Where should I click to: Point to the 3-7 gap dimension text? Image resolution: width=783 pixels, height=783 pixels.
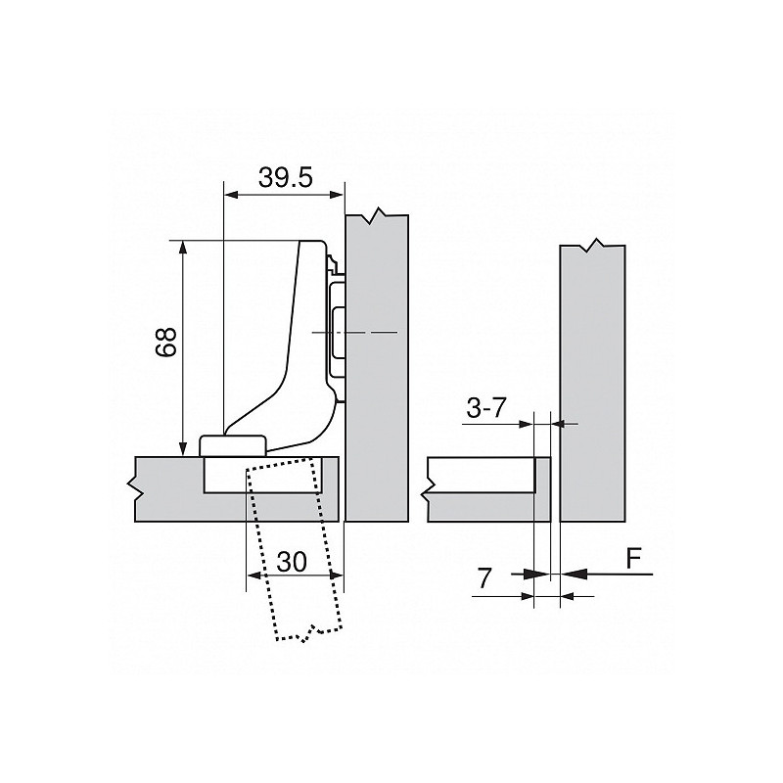tap(485, 409)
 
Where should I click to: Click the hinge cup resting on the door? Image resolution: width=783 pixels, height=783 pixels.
tap(235, 443)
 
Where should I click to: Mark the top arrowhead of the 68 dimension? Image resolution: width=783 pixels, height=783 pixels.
tap(183, 246)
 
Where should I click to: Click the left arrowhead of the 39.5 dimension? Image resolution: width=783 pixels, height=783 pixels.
tap(231, 195)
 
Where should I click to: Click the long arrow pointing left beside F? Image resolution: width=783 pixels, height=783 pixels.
tap(607, 575)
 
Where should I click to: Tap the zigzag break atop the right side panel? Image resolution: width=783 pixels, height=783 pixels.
tap(591, 246)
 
